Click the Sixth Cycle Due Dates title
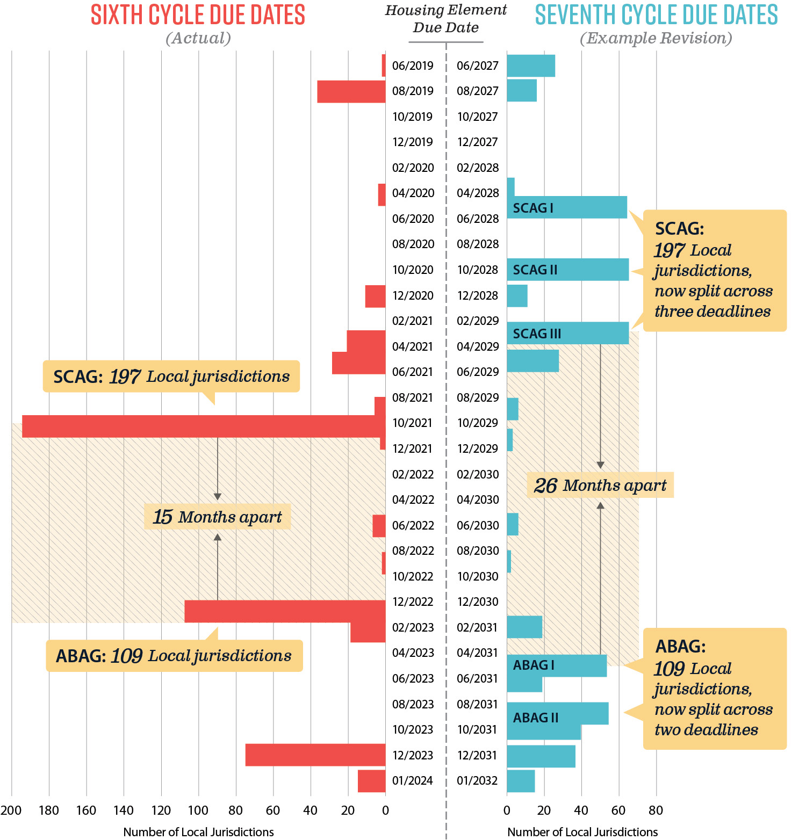(198, 15)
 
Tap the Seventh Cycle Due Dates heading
(656, 15)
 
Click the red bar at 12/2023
(315, 755)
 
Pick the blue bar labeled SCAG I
(567, 207)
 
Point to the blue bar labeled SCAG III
(567, 333)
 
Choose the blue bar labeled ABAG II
(557, 714)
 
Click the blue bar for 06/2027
(531, 66)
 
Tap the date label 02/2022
(413, 474)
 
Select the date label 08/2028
(478, 244)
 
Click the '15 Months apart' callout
(217, 517)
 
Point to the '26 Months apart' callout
(600, 486)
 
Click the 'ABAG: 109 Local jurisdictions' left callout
(174, 656)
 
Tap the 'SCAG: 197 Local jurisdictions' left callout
(171, 376)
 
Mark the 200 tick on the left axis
(11, 810)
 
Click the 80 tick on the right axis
(656, 810)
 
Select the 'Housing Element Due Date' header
(445, 19)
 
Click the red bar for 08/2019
(351, 91)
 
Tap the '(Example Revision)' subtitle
(656, 38)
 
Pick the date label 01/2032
(477, 780)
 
